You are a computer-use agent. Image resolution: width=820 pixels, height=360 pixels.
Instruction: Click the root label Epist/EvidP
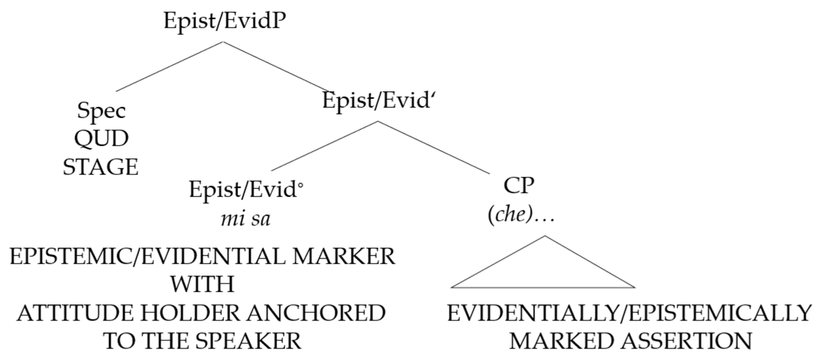click(224, 21)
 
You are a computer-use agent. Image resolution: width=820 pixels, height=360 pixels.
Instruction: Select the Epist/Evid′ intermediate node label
click(376, 100)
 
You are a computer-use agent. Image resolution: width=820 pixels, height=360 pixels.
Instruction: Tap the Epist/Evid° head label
click(246, 190)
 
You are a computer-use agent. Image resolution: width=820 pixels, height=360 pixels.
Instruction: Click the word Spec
click(101, 110)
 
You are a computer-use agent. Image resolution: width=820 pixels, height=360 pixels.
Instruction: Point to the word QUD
click(101, 139)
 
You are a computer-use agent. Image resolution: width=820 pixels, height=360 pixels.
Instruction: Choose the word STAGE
click(101, 167)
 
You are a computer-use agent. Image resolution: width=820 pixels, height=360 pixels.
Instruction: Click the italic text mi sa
click(245, 219)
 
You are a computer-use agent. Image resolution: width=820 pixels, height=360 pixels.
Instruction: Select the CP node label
click(519, 186)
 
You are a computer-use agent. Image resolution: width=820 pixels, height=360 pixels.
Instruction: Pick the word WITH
click(202, 284)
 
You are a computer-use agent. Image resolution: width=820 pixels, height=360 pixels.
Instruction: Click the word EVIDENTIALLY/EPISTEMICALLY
click(630, 313)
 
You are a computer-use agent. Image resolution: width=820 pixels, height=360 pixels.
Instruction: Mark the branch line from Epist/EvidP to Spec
click(169, 66)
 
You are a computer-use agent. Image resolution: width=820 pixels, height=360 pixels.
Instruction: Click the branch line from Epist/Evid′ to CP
click(434, 147)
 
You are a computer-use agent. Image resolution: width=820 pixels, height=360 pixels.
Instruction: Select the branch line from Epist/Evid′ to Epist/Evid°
click(324, 146)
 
